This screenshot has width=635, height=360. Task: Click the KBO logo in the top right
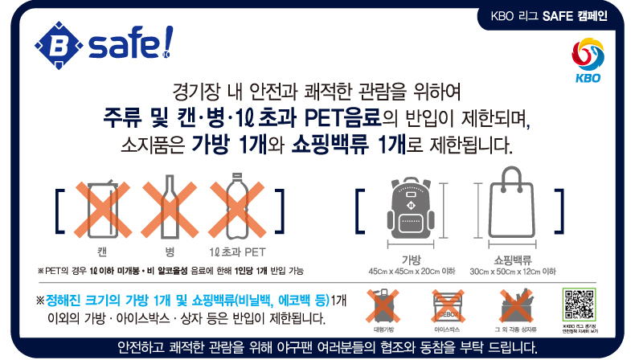point(592,63)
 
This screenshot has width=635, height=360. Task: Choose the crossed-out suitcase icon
point(383,308)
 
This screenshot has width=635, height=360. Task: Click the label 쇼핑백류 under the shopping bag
point(513,259)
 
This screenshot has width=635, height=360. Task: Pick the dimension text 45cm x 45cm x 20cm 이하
point(412,272)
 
